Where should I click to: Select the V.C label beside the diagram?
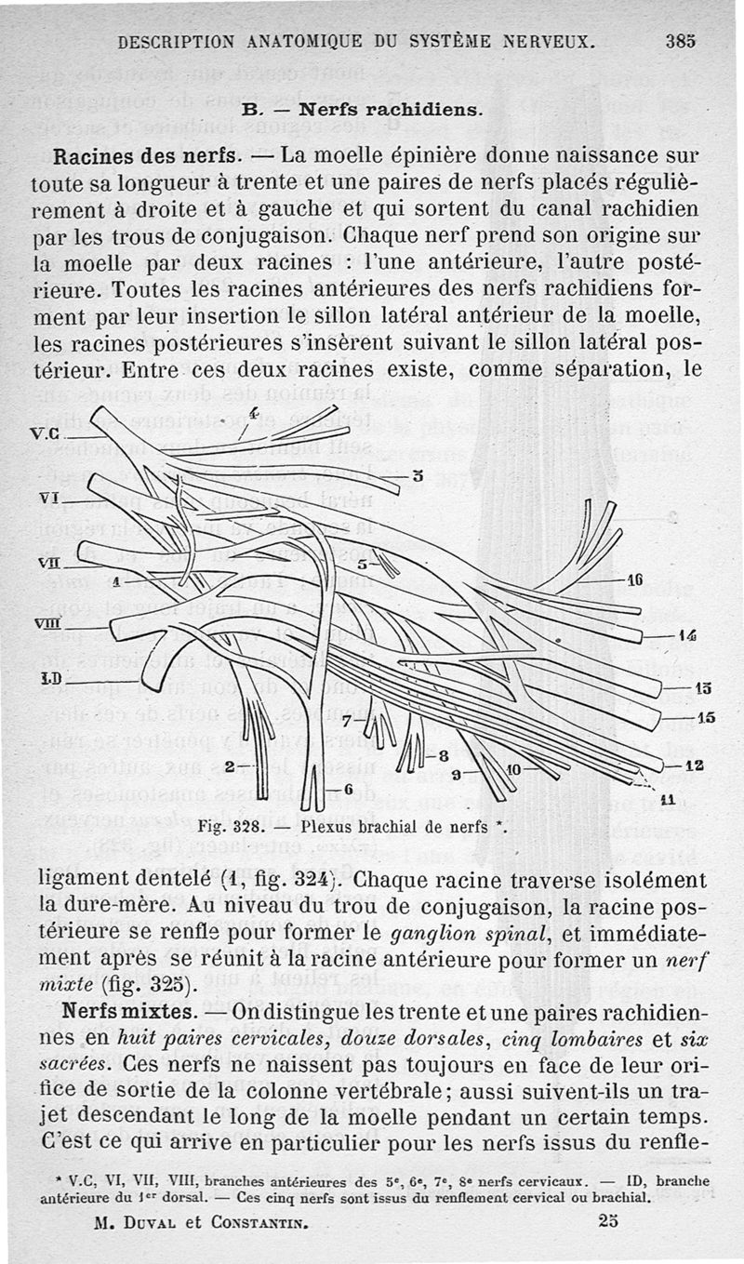click(46, 432)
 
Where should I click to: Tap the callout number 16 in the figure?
click(634, 579)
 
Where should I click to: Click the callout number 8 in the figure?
click(444, 755)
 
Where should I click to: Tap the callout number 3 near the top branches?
click(418, 477)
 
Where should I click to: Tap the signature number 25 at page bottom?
click(606, 1223)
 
